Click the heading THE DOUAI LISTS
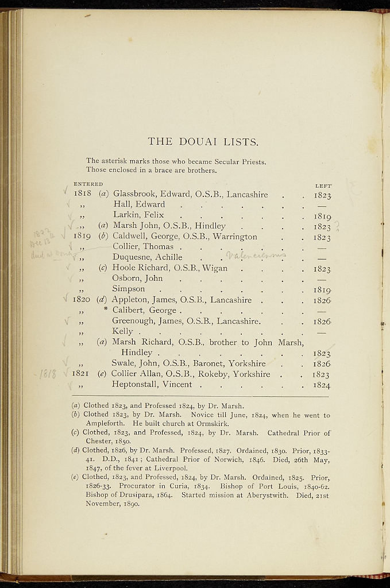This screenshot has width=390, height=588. [x=203, y=141]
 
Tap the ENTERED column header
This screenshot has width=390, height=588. [x=88, y=184]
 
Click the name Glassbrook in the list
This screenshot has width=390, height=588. [x=136, y=194]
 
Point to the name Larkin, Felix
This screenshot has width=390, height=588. [x=138, y=215]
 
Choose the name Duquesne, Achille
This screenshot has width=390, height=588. [x=147, y=257]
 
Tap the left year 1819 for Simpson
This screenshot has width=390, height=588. [x=322, y=289]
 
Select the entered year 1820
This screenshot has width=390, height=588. [x=83, y=300]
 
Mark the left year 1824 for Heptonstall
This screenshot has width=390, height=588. [x=321, y=385]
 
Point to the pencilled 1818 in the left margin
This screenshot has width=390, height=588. [x=48, y=374]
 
